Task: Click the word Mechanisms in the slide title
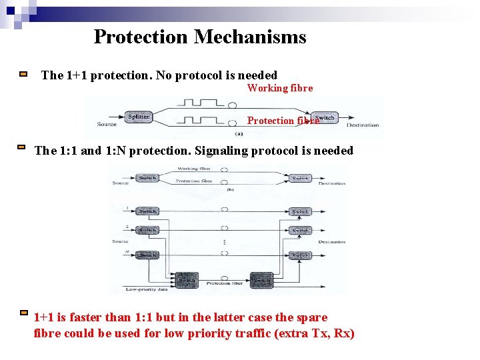(x=250, y=37)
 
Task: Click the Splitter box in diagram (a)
(x=139, y=117)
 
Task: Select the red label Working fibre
(x=280, y=88)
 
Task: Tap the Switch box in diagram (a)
(x=325, y=118)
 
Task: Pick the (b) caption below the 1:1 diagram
(x=230, y=189)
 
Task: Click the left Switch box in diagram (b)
(x=147, y=178)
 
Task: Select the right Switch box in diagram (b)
(x=300, y=178)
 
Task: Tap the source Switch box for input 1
(x=147, y=211)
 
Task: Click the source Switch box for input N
(x=147, y=255)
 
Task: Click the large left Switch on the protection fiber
(x=186, y=280)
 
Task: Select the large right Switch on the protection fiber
(x=261, y=280)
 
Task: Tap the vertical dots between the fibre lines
(x=225, y=242)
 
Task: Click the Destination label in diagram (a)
(x=363, y=125)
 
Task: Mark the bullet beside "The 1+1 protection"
(x=23, y=75)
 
